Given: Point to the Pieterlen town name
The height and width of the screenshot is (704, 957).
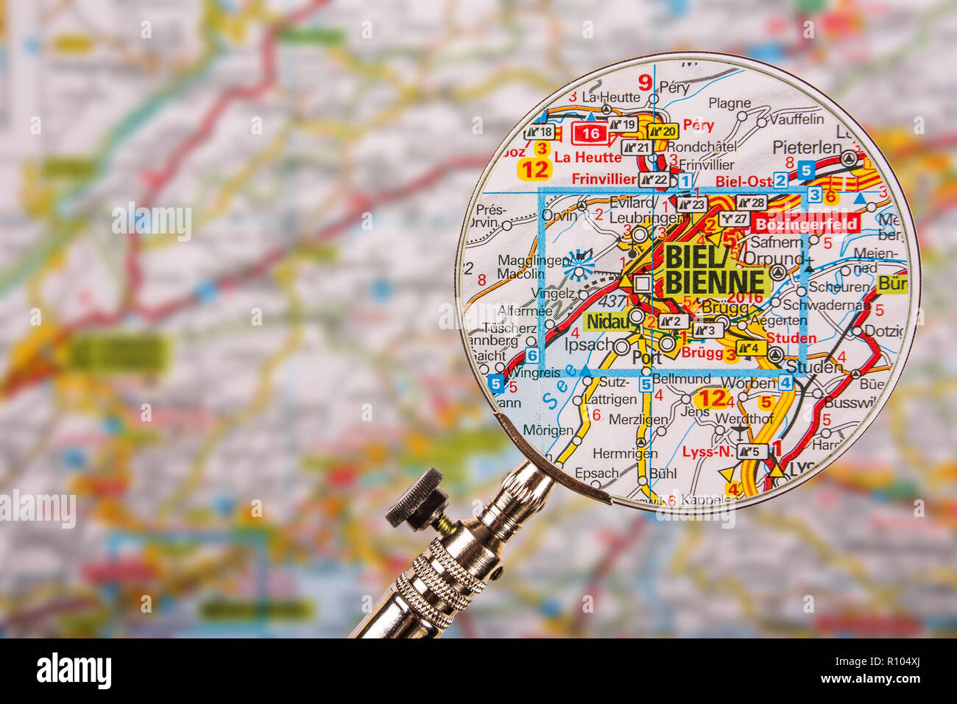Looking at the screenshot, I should click(807, 147).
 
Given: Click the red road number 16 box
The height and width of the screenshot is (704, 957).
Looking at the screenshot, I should click(590, 133).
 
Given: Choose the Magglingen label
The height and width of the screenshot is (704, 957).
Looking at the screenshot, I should click(523, 260).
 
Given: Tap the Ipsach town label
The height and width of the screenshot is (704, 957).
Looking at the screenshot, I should click(588, 345).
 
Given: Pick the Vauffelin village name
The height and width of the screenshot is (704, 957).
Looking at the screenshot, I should click(797, 119).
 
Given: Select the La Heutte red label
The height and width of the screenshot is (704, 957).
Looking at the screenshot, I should click(587, 157).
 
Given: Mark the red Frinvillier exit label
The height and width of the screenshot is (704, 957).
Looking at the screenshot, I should click(604, 179).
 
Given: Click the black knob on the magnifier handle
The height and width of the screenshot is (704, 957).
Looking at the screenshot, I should click(416, 499).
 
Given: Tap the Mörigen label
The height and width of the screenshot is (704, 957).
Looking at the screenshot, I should click(548, 430).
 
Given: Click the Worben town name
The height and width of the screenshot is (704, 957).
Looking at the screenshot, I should click(749, 383).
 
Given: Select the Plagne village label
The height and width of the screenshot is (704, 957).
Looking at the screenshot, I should click(730, 103).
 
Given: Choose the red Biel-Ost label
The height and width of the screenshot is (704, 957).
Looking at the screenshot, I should click(744, 181).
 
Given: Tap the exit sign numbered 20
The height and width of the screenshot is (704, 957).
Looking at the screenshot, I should click(662, 131).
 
